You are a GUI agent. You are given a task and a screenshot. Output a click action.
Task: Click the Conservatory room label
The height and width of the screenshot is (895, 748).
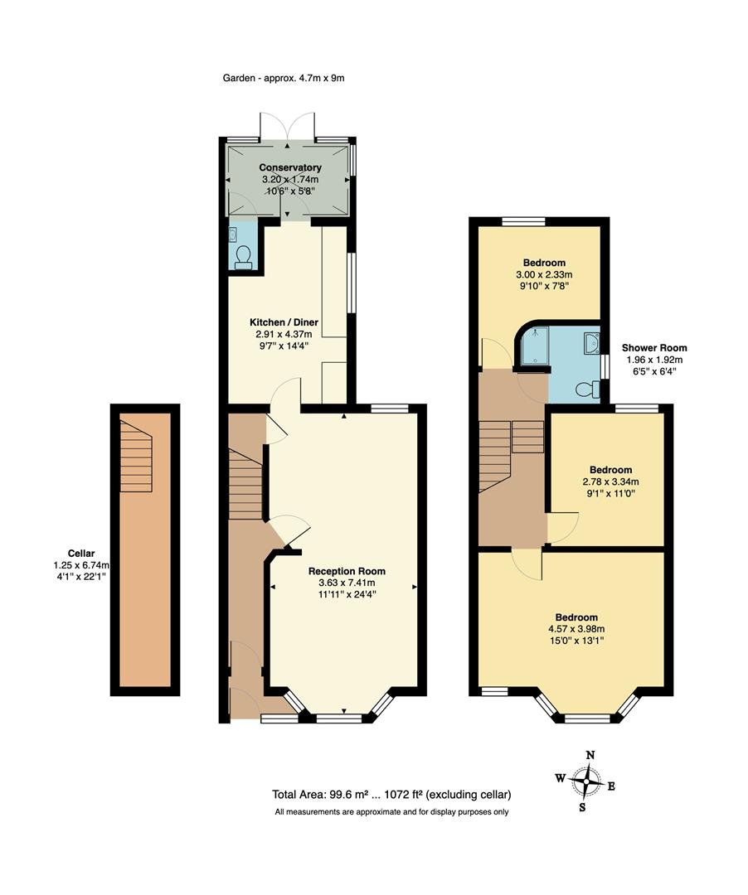[289, 167]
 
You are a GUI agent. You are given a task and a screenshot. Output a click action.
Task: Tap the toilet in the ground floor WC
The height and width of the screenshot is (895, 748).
[244, 256]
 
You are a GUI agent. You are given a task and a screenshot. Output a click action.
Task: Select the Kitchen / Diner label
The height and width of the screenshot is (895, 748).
[284, 322]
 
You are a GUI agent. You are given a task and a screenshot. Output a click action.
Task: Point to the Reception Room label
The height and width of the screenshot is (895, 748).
[347, 571]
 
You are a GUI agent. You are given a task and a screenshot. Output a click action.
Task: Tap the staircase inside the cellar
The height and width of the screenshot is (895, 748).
[137, 457]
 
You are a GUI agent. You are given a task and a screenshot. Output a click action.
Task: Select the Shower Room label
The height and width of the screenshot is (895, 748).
[654, 348]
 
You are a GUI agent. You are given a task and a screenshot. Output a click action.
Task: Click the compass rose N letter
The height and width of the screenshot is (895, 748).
[590, 755]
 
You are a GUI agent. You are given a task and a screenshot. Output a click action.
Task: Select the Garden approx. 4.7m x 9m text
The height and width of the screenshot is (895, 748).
[283, 79]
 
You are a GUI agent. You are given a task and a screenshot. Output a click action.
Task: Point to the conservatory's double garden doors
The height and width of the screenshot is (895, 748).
[287, 127]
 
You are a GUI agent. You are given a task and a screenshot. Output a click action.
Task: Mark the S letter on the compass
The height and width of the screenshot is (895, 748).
[583, 807]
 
